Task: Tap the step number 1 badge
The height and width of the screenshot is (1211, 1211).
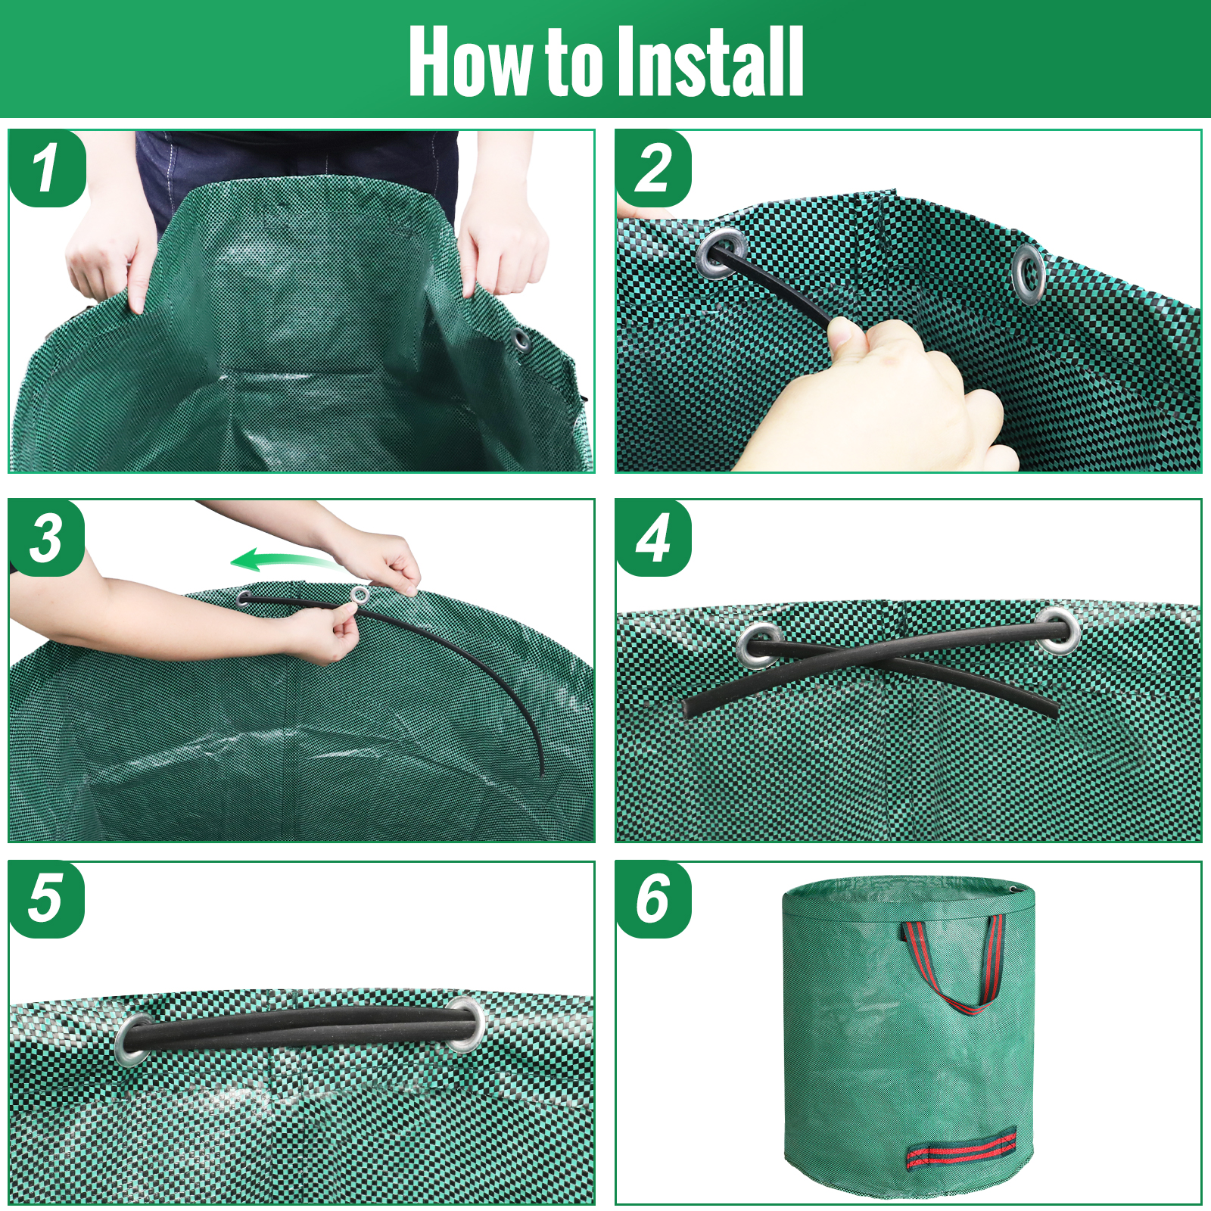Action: [47, 168]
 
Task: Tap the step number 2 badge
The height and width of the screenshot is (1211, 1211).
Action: [654, 168]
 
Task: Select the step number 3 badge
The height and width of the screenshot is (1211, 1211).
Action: [47, 538]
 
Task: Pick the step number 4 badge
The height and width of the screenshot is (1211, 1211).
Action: [654, 538]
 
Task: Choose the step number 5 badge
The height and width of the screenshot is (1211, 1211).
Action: [47, 900]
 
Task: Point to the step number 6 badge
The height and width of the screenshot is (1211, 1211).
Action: [654, 900]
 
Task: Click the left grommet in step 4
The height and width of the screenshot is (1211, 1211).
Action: [759, 644]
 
